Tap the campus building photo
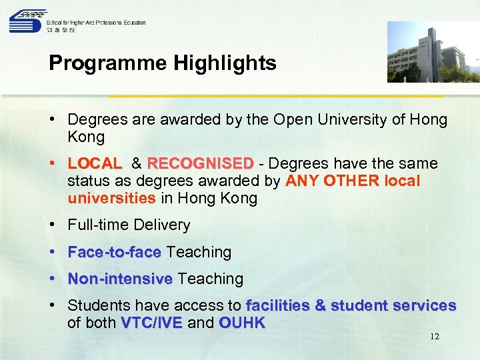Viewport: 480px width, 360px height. (x=433, y=52)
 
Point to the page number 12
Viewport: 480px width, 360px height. (x=434, y=337)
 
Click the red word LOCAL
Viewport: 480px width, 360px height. (x=95, y=164)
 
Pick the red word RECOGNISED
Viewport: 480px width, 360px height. (x=200, y=164)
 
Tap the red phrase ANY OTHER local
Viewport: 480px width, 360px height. (x=353, y=181)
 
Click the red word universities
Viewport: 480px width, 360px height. (x=111, y=199)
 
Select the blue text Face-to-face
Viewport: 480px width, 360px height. (x=115, y=253)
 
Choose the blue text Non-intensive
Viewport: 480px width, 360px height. (x=120, y=279)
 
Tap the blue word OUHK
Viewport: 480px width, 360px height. (x=242, y=323)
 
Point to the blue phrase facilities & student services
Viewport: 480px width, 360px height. (x=351, y=306)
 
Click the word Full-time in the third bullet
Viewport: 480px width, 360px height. (x=98, y=226)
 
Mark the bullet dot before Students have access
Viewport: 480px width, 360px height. (x=53, y=305)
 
